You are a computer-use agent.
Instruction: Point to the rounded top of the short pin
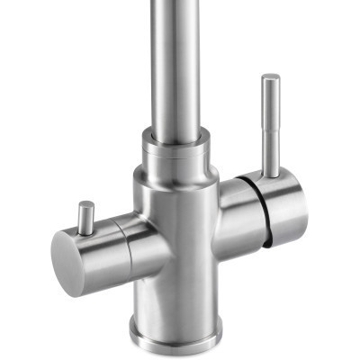tap(85, 206)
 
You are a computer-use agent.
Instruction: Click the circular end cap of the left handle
tap(67, 256)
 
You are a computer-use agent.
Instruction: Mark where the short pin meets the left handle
tap(86, 230)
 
